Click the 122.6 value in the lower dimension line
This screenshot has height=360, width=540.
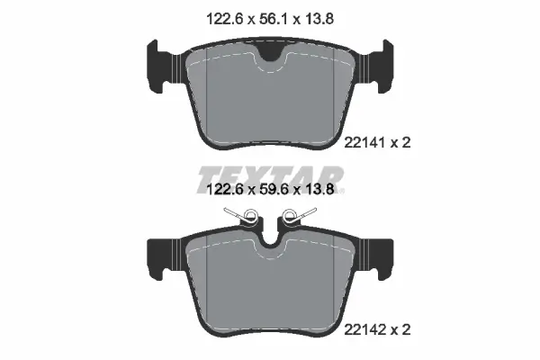(x=216, y=192)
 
